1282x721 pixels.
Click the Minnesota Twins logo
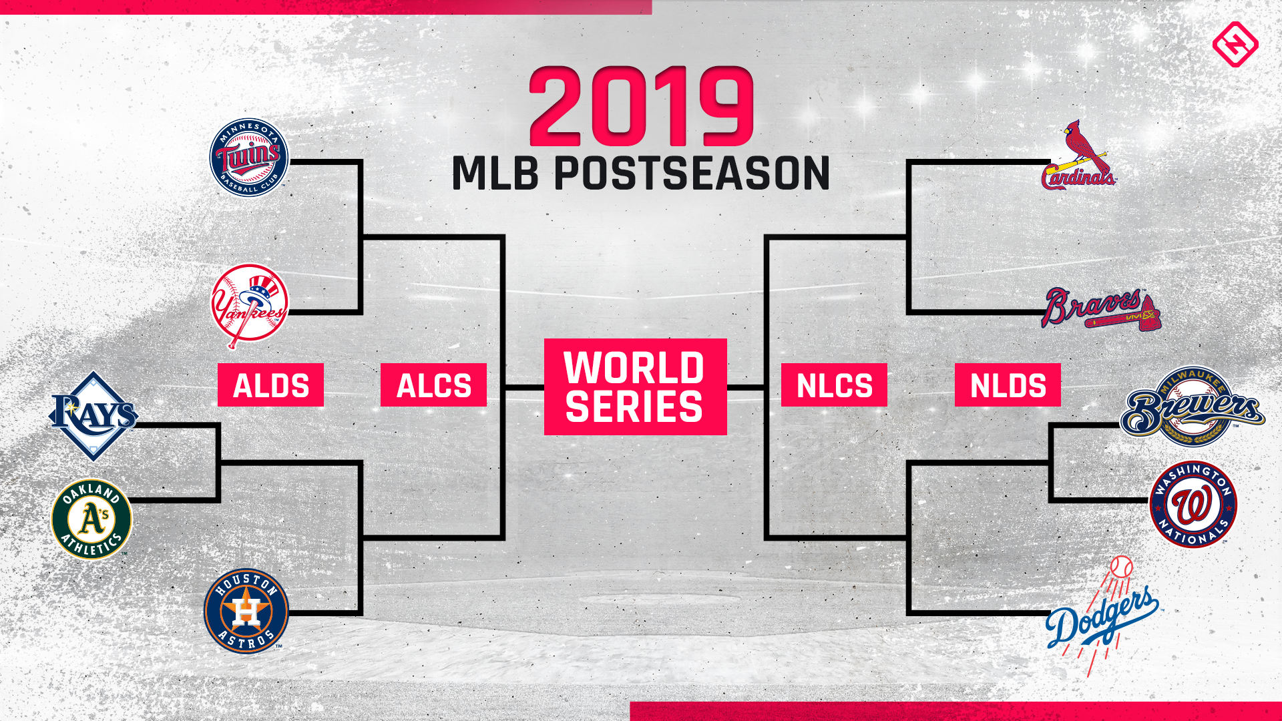point(248,158)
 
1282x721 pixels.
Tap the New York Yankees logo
point(249,304)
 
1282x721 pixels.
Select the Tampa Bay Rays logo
point(93,416)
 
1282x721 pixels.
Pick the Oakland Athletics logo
point(91,519)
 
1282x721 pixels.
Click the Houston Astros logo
point(246,611)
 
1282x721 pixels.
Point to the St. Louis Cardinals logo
point(1078,158)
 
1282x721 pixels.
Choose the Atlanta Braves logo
point(1100,309)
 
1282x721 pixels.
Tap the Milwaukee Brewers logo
point(1192,407)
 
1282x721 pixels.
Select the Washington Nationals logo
point(1193,505)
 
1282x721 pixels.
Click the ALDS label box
point(270,385)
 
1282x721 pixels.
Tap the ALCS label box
point(433,385)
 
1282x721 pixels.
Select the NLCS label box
point(834,385)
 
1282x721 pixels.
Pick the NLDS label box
point(1008,385)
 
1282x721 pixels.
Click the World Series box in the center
point(635,387)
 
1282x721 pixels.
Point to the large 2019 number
point(642,107)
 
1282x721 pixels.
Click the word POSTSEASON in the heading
point(692,174)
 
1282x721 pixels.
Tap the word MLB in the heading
point(495,174)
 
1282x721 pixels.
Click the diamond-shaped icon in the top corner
point(1235,44)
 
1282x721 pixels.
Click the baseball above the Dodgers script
point(1122,567)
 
